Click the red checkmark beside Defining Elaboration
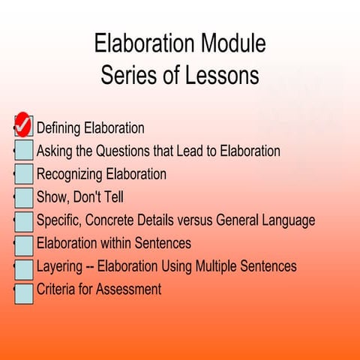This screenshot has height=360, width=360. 23,124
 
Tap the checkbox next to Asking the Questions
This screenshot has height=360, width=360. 24,151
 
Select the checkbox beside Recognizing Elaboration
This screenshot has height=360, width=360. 24,174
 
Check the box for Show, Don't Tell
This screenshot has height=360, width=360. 24,198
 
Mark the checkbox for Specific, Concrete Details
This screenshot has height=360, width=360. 24,221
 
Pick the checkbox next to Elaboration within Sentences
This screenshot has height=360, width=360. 24,244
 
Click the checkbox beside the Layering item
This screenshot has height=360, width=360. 24,268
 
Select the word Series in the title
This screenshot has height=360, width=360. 126,76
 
